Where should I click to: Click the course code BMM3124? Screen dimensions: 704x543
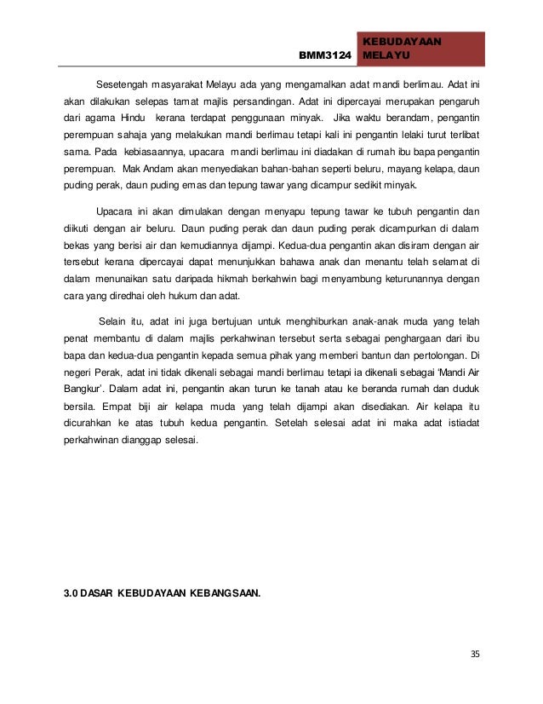coord(325,57)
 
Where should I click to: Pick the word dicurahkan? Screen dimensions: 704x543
coord(90,420)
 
